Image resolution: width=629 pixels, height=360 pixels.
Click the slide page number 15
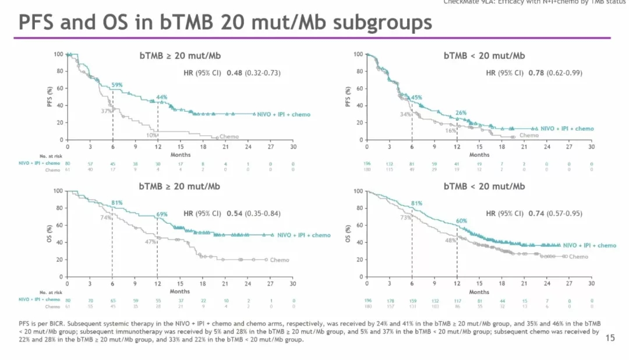(x=610, y=337)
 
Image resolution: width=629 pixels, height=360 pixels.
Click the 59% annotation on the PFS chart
(x=116, y=85)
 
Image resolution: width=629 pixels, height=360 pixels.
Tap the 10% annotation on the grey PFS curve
(x=151, y=135)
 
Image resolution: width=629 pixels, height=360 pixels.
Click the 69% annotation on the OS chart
(x=162, y=214)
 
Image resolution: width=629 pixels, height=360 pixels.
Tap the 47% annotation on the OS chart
(x=150, y=241)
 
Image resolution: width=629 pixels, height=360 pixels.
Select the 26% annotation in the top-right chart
(x=461, y=112)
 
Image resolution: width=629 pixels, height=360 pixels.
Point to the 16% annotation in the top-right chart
(x=450, y=130)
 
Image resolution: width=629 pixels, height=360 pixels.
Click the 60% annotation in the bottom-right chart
(x=461, y=221)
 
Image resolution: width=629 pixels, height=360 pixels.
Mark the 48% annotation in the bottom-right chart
(x=450, y=240)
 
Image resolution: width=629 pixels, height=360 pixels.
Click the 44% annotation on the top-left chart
(x=162, y=97)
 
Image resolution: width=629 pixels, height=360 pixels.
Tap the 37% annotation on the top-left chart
(x=106, y=111)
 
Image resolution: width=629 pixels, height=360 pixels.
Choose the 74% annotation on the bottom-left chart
(x=105, y=217)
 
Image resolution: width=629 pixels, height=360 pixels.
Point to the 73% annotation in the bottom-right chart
(x=405, y=217)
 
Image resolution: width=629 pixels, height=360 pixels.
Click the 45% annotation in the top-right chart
(x=417, y=97)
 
